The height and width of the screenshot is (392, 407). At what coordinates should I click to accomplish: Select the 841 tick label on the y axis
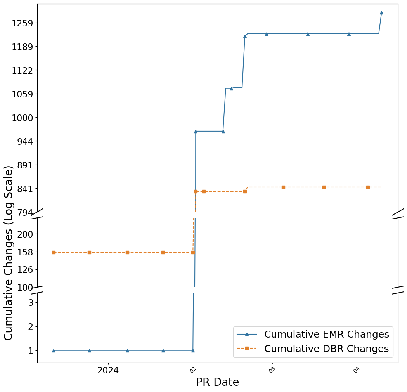(x=25, y=189)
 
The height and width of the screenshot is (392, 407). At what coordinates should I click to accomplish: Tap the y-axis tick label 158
(x=25, y=252)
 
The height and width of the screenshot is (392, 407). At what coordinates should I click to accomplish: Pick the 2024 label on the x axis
(x=108, y=370)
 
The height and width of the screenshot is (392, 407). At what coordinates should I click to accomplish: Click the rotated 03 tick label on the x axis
(x=272, y=369)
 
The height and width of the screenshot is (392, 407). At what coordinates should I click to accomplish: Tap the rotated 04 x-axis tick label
(x=357, y=369)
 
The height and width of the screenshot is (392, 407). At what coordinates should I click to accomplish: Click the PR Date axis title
(x=217, y=382)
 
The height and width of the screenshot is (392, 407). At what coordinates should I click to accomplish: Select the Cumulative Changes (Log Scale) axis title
(x=9, y=252)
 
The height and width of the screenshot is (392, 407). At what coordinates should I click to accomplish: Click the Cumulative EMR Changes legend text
(x=326, y=334)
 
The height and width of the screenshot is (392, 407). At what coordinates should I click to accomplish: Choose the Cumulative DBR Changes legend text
(x=326, y=349)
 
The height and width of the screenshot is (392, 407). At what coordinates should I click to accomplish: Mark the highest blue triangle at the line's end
(x=381, y=12)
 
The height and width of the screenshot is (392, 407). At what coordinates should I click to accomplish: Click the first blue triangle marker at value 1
(x=54, y=350)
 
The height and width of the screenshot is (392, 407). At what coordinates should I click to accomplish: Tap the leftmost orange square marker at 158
(x=54, y=252)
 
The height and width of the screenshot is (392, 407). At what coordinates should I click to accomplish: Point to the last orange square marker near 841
(x=368, y=187)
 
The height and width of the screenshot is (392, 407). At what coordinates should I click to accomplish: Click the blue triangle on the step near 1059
(x=231, y=88)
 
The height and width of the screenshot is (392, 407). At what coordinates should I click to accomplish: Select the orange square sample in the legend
(x=247, y=349)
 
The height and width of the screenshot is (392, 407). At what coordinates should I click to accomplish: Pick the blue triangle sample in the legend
(x=247, y=334)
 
